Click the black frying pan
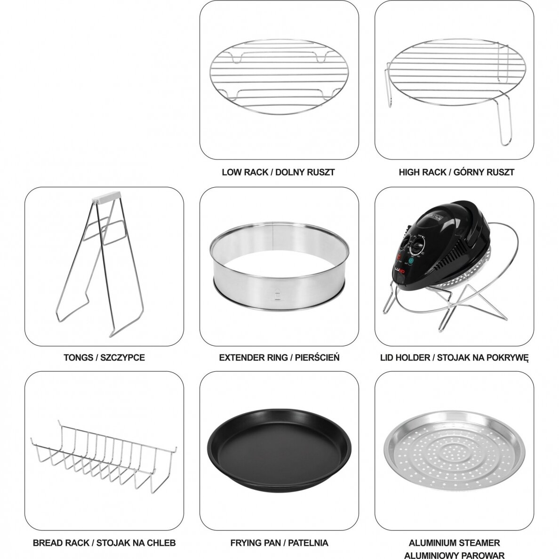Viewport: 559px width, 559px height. [x=279, y=446]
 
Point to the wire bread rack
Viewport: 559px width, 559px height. [x=104, y=457]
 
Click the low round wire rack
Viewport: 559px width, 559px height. [x=279, y=77]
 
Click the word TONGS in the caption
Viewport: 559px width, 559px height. [x=77, y=358]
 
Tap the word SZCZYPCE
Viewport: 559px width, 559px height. [x=123, y=358]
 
